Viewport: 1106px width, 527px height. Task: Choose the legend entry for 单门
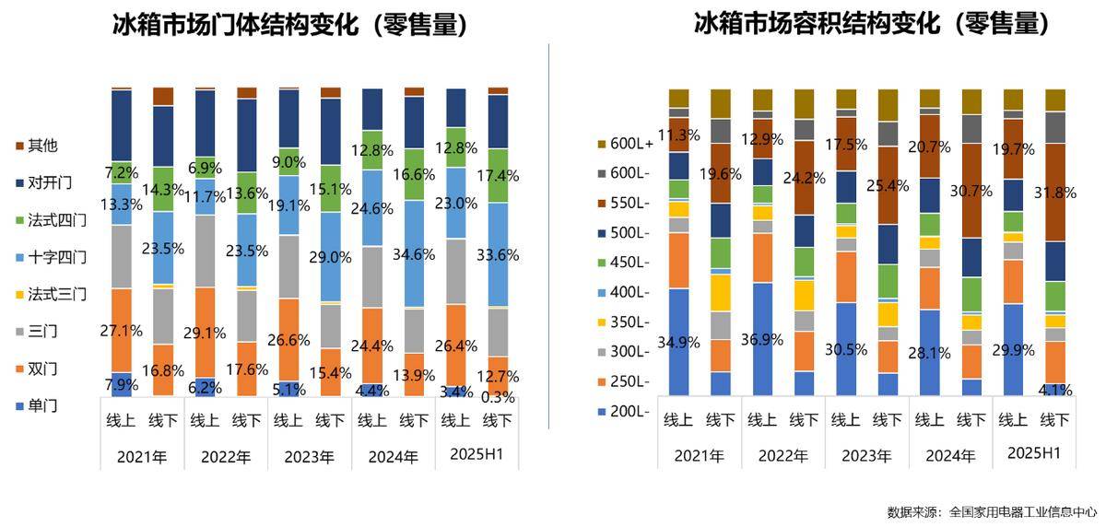point(42,405)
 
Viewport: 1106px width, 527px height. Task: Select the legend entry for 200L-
point(629,411)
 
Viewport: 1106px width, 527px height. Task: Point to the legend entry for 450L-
point(629,263)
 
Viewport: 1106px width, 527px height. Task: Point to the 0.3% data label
point(498,397)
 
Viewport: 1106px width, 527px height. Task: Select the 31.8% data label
point(1053,218)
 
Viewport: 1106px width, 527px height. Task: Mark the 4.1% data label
point(1053,390)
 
